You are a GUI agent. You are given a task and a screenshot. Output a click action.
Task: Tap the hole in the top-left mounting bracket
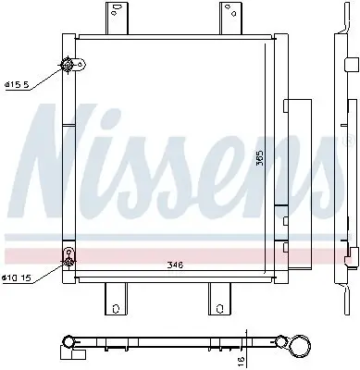click(x=116, y=12)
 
